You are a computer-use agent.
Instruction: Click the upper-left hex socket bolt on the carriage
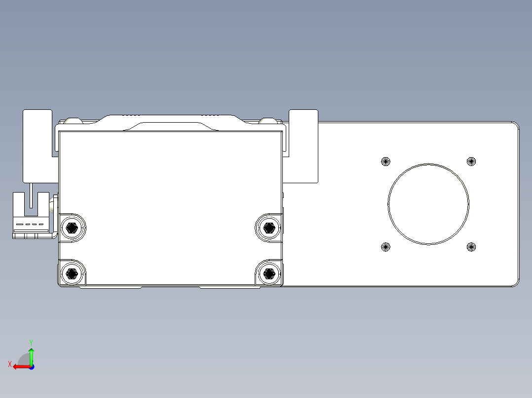[72, 227]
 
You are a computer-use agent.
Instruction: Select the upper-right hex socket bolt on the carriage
[268, 227]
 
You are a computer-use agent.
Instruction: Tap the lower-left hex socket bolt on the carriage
[72, 273]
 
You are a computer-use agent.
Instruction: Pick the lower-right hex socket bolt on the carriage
[268, 273]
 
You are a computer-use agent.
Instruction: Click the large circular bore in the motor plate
[428, 204]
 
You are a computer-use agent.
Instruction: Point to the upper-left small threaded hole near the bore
[386, 161]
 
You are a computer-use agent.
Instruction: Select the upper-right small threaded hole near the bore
[471, 161]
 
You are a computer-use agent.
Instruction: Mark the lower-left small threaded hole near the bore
[386, 247]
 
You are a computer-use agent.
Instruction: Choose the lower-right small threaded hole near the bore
[471, 247]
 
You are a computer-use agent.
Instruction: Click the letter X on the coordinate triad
[10, 364]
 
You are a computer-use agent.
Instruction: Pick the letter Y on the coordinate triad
[31, 341]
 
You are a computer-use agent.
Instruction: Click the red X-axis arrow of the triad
[20, 366]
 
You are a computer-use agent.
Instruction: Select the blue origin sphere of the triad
[31, 366]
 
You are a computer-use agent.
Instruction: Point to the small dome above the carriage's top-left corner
[73, 120]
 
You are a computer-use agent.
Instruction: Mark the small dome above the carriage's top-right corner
[268, 120]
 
